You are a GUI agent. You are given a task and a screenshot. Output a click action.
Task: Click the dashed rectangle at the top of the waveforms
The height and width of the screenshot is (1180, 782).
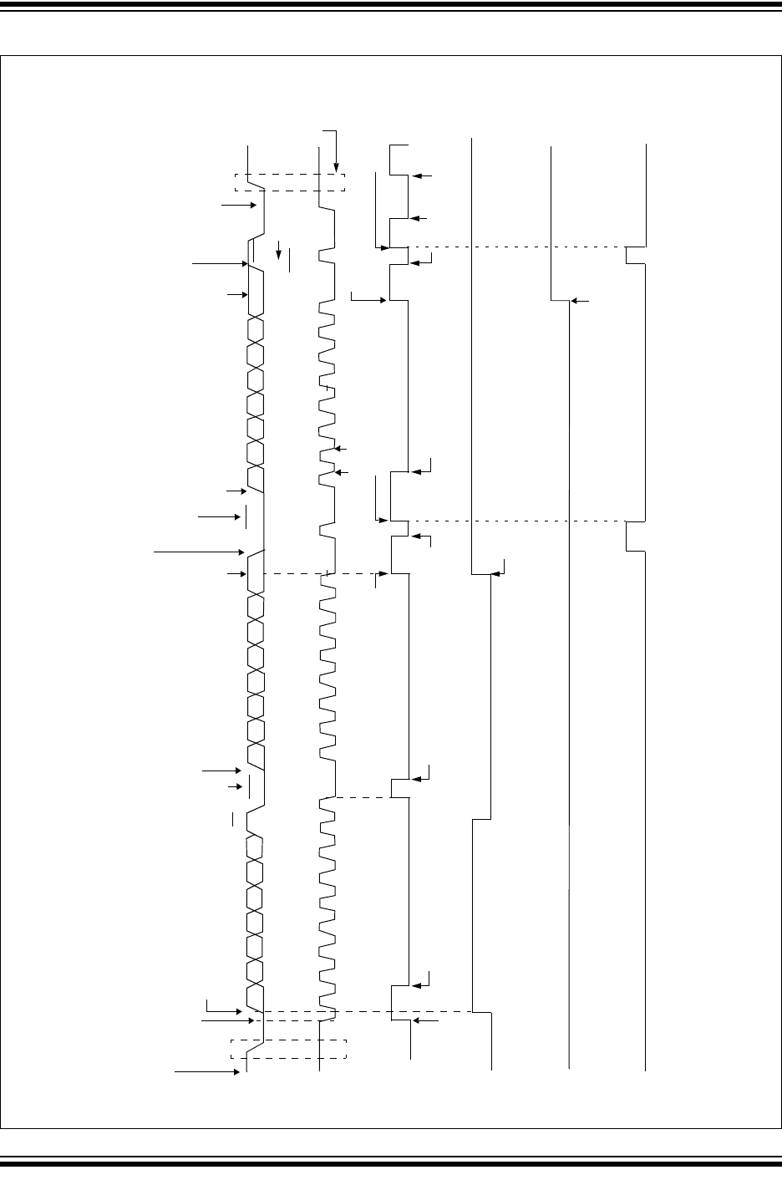288,182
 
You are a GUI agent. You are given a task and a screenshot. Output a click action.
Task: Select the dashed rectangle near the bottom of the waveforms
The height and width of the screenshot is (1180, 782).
288,1050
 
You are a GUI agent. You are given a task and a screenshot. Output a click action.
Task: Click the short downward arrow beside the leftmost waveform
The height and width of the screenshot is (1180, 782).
279,249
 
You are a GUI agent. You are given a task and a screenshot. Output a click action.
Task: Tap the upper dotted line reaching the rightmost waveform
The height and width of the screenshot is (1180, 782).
518,247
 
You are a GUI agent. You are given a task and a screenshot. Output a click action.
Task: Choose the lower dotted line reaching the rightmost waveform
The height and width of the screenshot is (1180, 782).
518,521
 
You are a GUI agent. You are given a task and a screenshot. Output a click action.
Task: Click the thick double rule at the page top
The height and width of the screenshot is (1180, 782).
391,7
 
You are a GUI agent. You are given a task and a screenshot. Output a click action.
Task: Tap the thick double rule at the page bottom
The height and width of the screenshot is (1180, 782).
391,1162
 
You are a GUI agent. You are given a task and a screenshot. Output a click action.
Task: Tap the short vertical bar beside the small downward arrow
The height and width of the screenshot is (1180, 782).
289,259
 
